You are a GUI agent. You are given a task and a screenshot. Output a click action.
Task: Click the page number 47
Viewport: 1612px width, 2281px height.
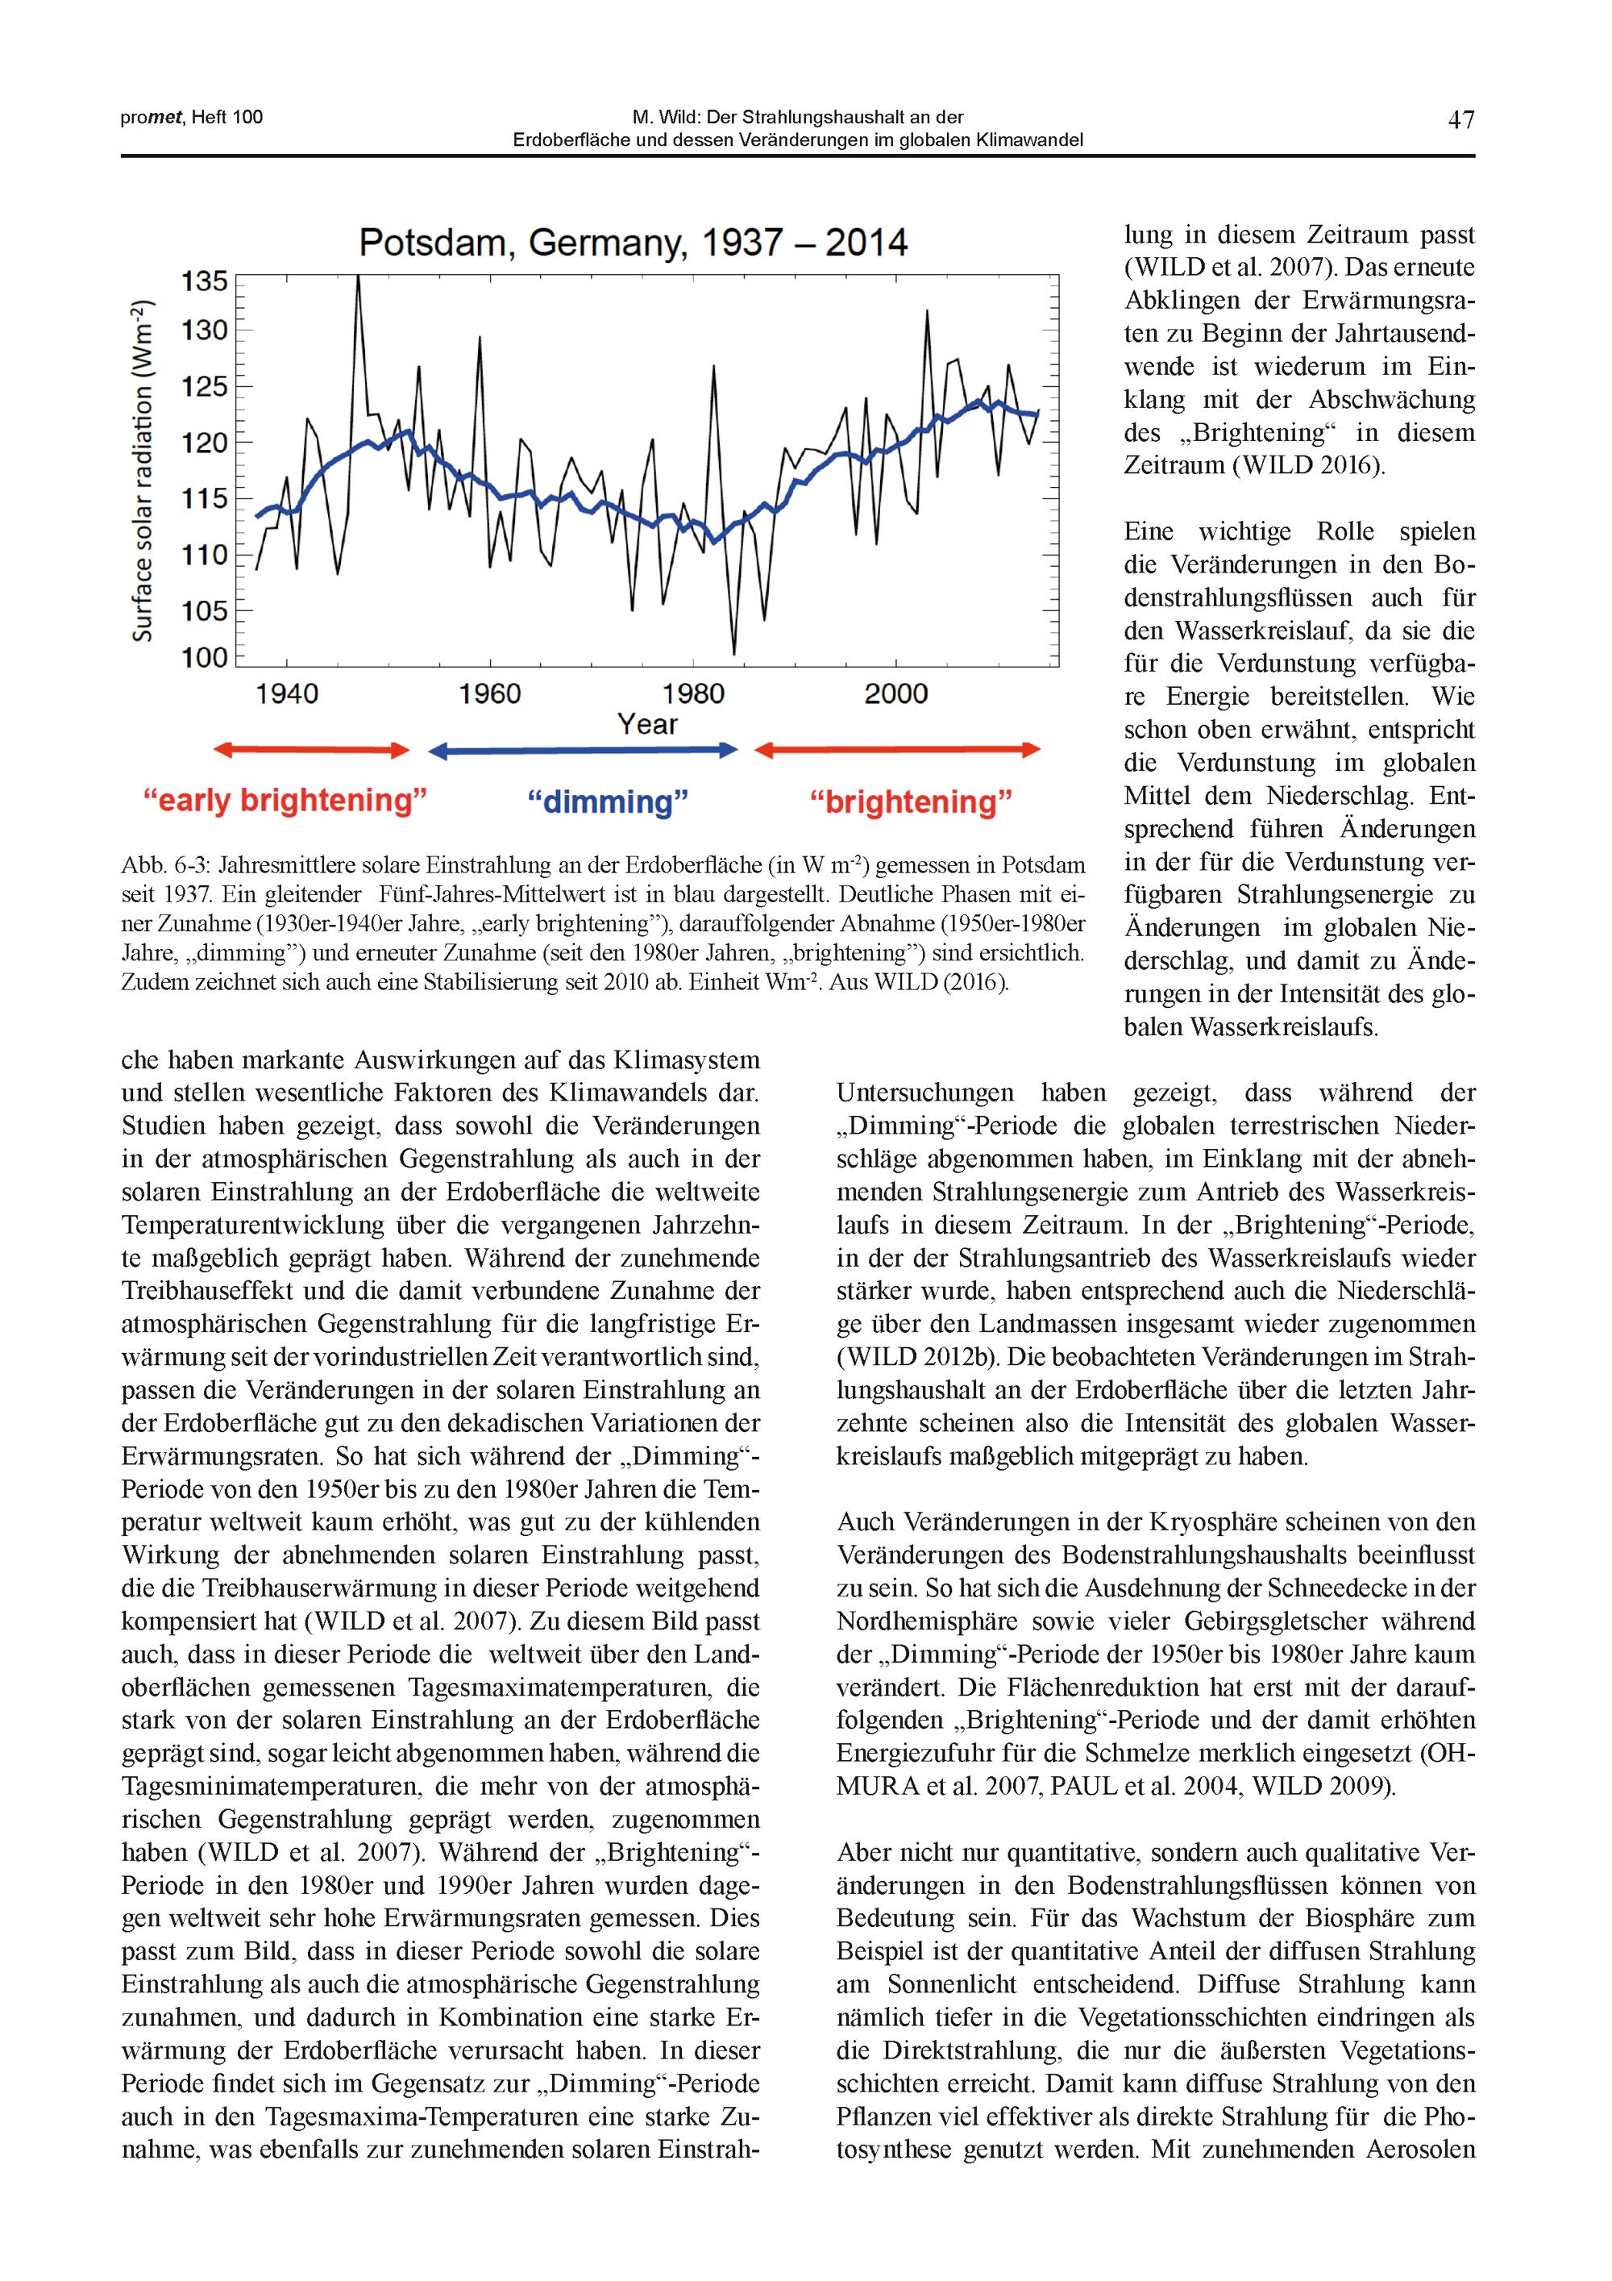(1461, 120)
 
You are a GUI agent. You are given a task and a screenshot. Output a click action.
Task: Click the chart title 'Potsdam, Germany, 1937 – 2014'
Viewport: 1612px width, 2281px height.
(633, 244)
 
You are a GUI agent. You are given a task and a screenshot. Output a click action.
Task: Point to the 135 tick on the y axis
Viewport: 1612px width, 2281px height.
(205, 282)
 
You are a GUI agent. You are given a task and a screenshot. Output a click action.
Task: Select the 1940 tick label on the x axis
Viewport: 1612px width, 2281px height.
(287, 693)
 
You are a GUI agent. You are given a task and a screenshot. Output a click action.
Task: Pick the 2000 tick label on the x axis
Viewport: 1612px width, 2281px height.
(896, 693)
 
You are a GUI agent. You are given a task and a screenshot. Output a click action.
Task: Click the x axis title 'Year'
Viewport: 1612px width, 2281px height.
(646, 724)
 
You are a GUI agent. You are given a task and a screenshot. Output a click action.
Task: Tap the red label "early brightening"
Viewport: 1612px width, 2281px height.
(285, 800)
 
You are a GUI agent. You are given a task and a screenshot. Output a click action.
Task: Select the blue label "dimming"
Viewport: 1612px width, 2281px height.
(607, 801)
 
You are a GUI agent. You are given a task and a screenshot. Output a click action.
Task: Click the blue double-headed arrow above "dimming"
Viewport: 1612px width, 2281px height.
(583, 751)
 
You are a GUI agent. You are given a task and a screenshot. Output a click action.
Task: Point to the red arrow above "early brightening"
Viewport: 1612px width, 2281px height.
(312, 750)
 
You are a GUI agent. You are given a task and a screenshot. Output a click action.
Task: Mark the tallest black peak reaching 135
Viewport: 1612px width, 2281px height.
(358, 279)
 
